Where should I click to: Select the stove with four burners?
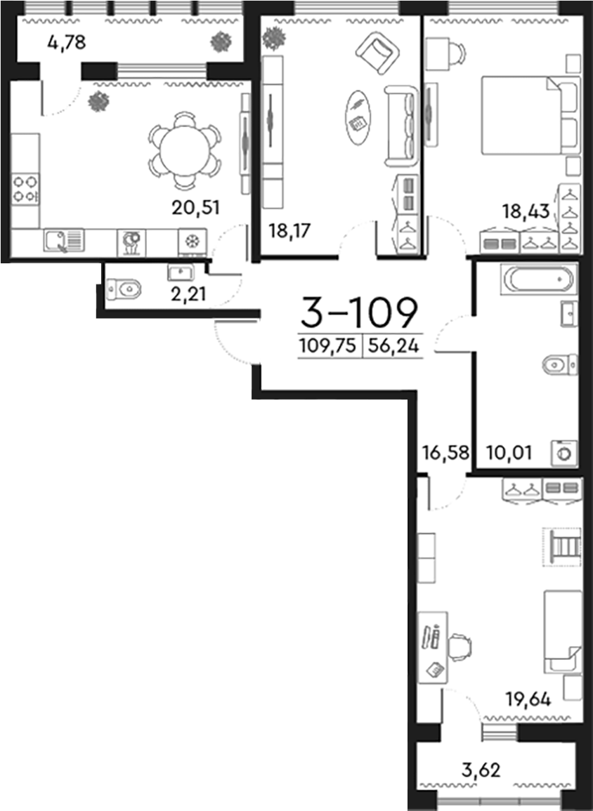tap(25, 188)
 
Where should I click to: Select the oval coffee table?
tap(358, 116)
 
